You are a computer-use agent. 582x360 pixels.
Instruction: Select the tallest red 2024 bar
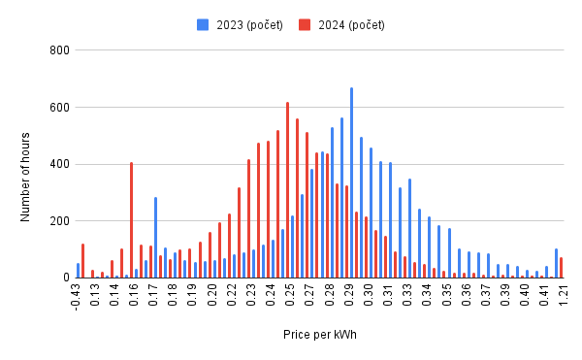click(287, 190)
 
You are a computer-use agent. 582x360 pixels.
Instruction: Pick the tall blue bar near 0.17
click(155, 238)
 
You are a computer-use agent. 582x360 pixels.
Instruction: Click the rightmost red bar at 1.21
click(561, 268)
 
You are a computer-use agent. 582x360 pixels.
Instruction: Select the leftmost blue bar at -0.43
click(78, 271)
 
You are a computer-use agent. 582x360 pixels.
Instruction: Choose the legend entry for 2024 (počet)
click(345, 24)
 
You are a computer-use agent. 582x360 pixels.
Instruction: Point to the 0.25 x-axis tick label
click(290, 295)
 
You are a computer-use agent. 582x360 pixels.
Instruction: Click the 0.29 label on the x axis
click(348, 295)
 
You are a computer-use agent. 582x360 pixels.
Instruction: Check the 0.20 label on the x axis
click(211, 295)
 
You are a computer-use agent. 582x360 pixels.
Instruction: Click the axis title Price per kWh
click(320, 335)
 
